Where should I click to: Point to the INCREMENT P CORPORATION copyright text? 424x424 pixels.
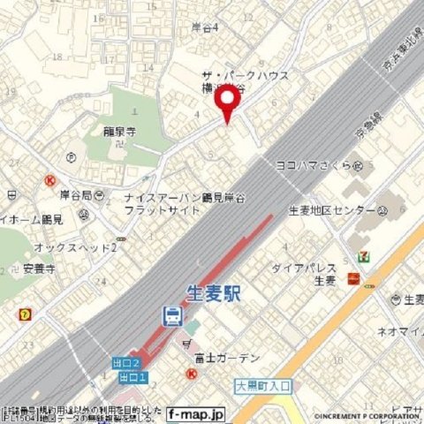(x=368, y=415)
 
